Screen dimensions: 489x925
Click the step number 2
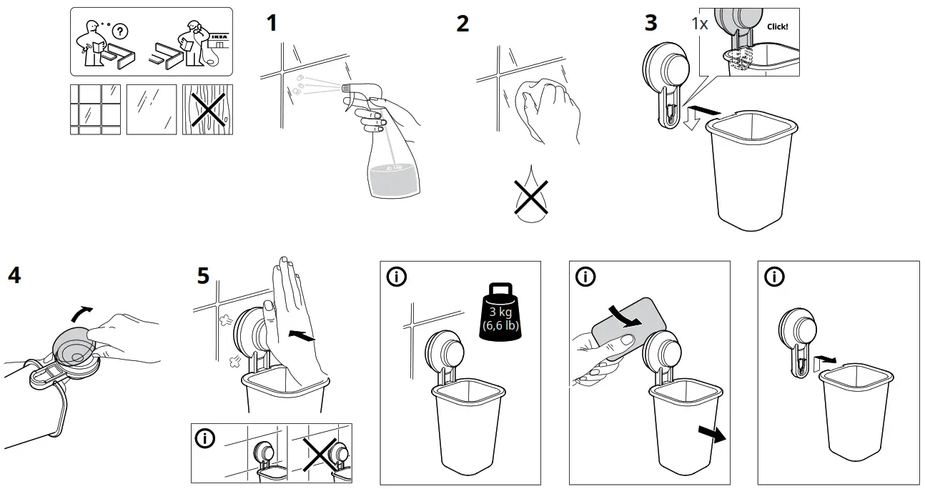[463, 24]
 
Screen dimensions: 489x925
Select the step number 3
[651, 23]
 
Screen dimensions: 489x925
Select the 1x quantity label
[699, 23]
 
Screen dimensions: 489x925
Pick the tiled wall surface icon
[95, 109]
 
